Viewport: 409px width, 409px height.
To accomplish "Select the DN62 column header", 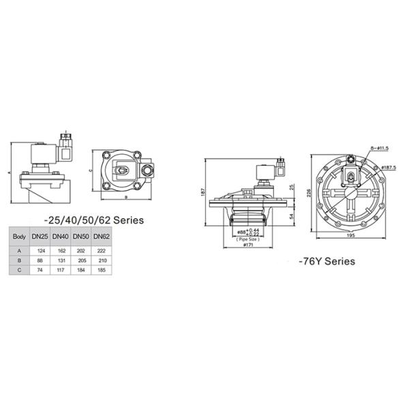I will coord(102,236).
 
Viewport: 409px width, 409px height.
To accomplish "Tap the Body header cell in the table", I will coord(19,236).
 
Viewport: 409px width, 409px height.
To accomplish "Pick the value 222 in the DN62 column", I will coord(102,250).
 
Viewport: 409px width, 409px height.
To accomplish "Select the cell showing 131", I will coord(60,260).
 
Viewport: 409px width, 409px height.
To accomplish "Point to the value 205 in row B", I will coord(81,260).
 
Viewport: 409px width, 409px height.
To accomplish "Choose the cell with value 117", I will coord(60,270).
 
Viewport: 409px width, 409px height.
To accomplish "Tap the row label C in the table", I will coord(19,270).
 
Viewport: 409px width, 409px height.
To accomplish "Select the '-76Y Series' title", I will coord(327,261).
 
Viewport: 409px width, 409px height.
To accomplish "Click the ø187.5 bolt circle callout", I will coord(389,166).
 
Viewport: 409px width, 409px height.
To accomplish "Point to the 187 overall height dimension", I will coord(202,194).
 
